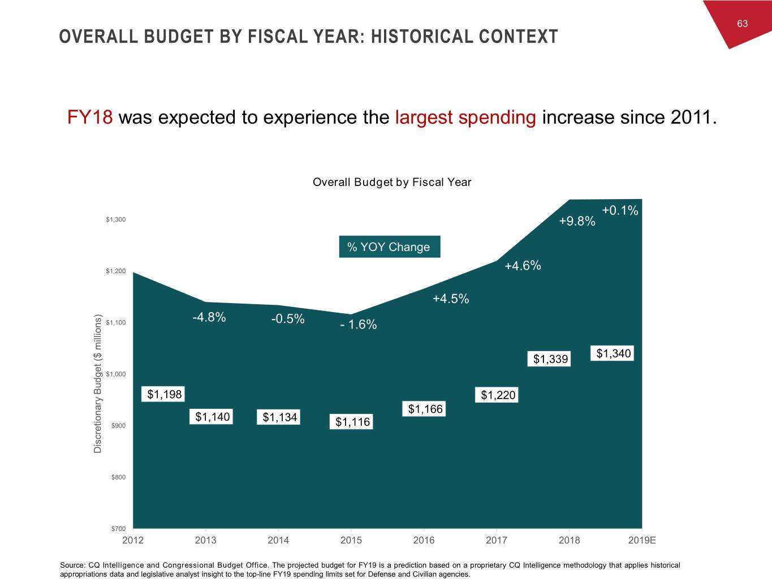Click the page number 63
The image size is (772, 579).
[742, 23]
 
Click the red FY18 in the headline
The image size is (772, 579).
[90, 117]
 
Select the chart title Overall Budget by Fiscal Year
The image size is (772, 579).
[391, 182]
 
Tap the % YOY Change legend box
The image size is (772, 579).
[389, 247]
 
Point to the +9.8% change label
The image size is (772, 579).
[577, 221]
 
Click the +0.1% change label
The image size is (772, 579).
[620, 211]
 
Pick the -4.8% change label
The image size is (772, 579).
[209, 317]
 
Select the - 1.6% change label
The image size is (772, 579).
[359, 325]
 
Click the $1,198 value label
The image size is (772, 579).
[165, 394]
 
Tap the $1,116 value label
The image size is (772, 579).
[352, 422]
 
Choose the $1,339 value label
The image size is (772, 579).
[550, 359]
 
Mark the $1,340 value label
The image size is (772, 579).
[613, 353]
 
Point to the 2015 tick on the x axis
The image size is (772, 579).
[351, 540]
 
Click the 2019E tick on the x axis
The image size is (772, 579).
[642, 540]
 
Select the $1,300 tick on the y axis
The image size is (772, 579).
[116, 219]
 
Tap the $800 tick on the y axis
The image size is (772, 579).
[118, 477]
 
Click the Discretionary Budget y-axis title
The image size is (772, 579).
[98, 383]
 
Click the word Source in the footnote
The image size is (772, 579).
[72, 565]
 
